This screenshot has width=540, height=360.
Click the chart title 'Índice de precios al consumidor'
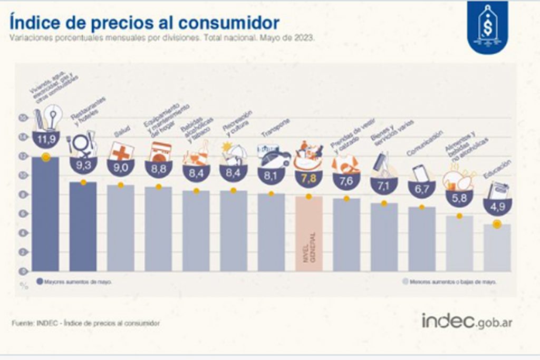[143, 23]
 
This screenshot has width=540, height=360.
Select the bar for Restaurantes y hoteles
[83, 226]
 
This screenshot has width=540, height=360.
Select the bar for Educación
[497, 247]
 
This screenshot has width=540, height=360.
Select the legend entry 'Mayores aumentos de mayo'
[74, 282]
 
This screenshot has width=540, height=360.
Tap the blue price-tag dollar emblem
[488, 26]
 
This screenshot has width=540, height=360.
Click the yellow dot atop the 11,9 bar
[46, 157]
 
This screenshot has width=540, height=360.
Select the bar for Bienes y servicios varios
[384, 237]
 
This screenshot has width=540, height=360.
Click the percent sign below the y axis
[24, 286]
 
